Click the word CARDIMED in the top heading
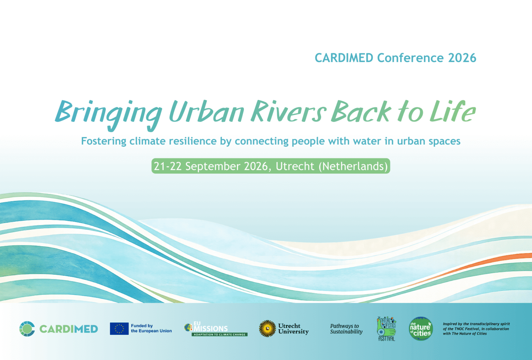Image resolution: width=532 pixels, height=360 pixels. (x=344, y=58)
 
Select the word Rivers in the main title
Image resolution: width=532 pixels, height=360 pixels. (x=289, y=111)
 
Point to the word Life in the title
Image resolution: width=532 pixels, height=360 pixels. (x=453, y=111)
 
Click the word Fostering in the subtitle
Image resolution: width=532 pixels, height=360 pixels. (x=104, y=141)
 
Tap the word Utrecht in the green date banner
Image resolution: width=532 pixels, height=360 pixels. (x=295, y=166)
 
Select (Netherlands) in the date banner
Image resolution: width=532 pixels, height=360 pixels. (x=353, y=166)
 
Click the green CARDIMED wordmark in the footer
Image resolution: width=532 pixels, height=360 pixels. (x=69, y=329)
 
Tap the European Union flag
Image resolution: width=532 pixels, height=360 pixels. (x=119, y=329)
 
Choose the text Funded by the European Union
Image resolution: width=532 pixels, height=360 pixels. (x=151, y=328)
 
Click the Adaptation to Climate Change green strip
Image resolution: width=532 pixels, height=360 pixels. (x=220, y=334)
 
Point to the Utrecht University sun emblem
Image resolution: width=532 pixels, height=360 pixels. (x=267, y=329)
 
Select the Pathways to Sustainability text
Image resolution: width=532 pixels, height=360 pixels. (x=346, y=329)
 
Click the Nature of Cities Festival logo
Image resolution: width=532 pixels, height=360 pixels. (x=387, y=329)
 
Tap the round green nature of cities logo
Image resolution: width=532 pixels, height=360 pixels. (x=421, y=329)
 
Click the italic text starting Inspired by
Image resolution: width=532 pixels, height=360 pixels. (x=476, y=329)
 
